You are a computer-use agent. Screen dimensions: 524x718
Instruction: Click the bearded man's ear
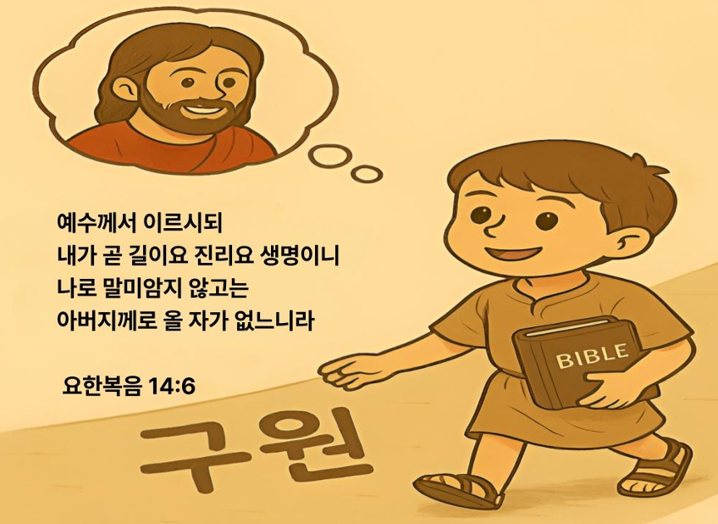123,90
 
